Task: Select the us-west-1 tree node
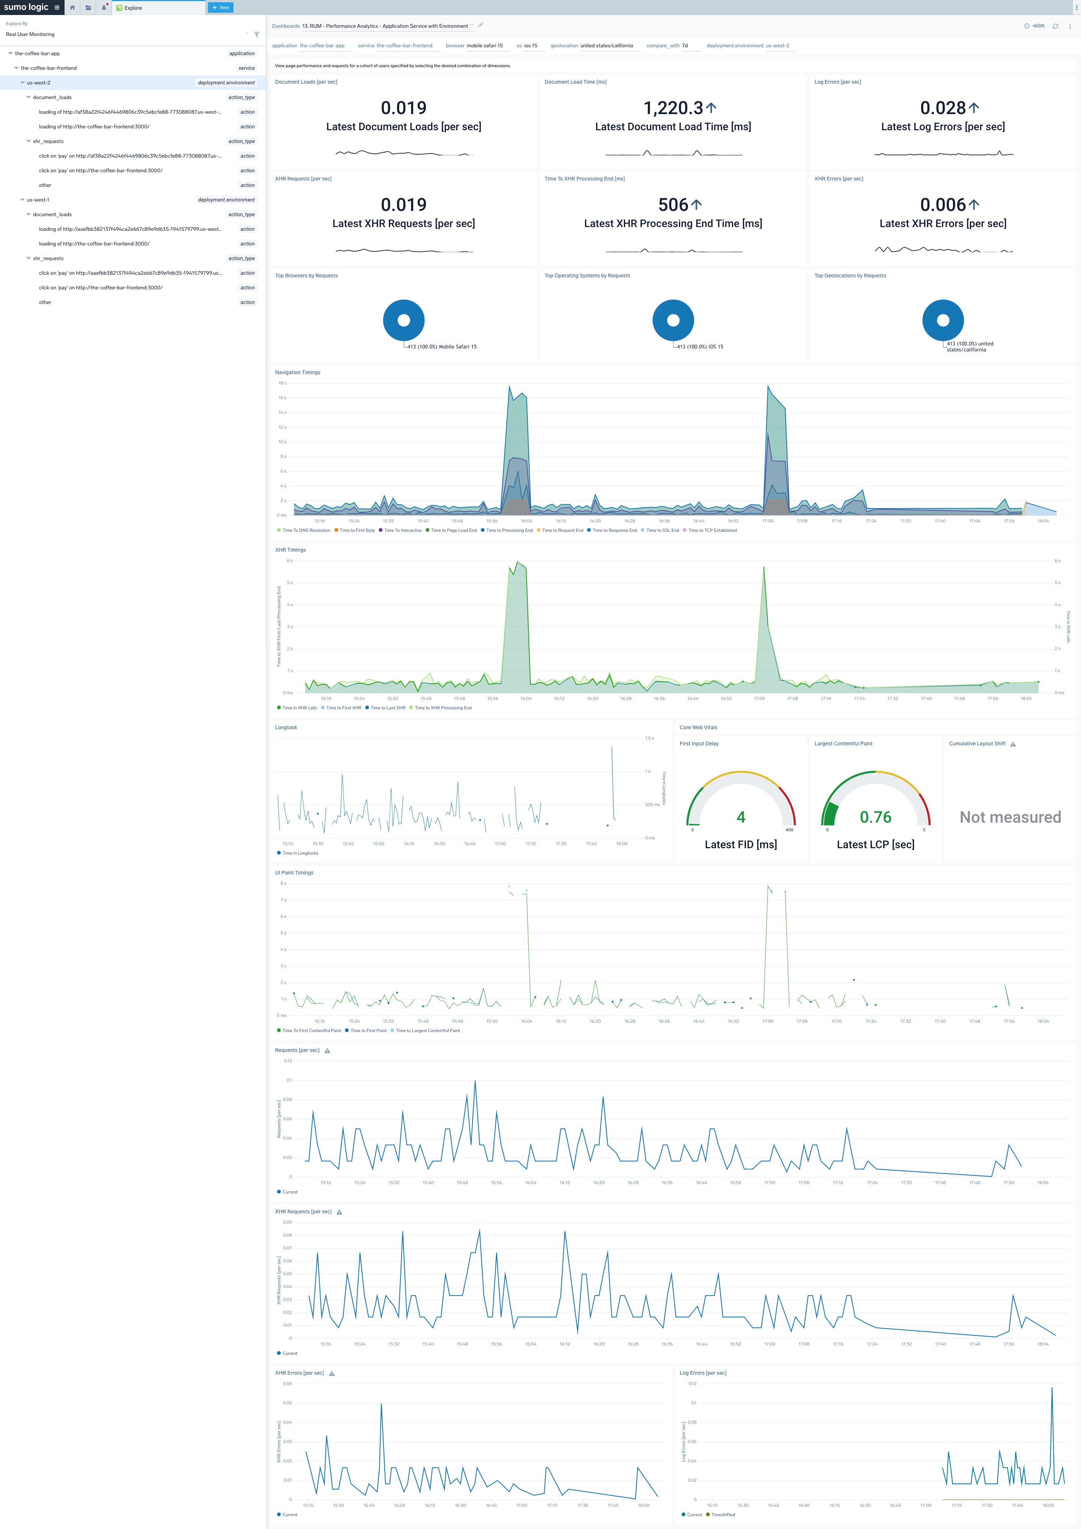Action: tap(38, 200)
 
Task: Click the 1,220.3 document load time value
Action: tap(673, 108)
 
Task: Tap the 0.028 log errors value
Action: tap(942, 108)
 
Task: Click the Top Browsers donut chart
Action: tap(403, 320)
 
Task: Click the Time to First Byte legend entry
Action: tap(357, 531)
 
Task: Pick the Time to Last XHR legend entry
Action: tap(388, 708)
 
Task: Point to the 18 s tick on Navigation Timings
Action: tap(282, 384)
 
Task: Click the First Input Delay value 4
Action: tap(741, 817)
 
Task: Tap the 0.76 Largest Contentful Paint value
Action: tap(875, 817)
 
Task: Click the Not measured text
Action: tap(1010, 817)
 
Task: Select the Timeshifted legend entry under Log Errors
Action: tap(723, 1515)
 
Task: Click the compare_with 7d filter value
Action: tap(685, 46)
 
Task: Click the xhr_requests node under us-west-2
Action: tap(48, 141)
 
